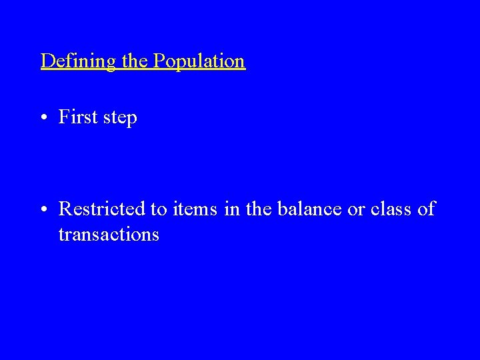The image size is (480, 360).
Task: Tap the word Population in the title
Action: [x=199, y=61]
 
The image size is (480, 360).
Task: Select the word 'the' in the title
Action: [x=135, y=61]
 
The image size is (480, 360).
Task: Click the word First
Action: [x=77, y=117]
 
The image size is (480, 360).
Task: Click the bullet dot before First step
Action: [x=42, y=118]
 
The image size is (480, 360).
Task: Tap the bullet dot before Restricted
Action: [x=42, y=209]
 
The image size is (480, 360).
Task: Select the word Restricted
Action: [x=103, y=209]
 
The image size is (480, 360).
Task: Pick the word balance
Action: [x=307, y=209]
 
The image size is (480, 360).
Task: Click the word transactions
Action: [x=109, y=235]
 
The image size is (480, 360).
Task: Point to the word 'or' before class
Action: [x=356, y=211]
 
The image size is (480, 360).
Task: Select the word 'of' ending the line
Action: [x=426, y=209]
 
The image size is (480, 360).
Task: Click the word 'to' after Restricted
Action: [x=159, y=210]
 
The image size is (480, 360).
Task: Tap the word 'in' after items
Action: [x=231, y=209]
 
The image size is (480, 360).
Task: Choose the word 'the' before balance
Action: [x=259, y=209]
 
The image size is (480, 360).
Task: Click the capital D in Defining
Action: [x=47, y=61]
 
